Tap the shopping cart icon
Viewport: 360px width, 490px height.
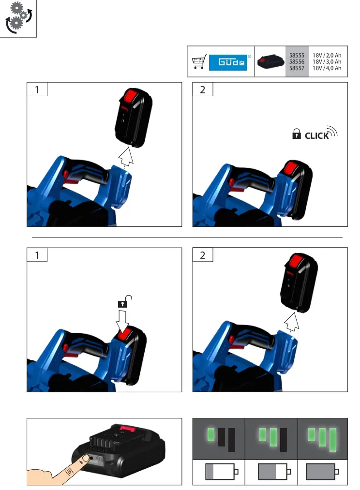199,62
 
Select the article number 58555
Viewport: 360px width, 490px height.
296,56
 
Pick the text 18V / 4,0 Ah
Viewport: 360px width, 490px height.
327,69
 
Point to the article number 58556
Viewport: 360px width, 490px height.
296,62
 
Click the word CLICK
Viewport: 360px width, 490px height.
316,136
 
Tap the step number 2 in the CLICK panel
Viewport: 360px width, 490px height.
203,89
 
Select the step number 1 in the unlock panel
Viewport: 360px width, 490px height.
37,255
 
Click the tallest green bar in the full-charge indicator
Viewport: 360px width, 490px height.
332,439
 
